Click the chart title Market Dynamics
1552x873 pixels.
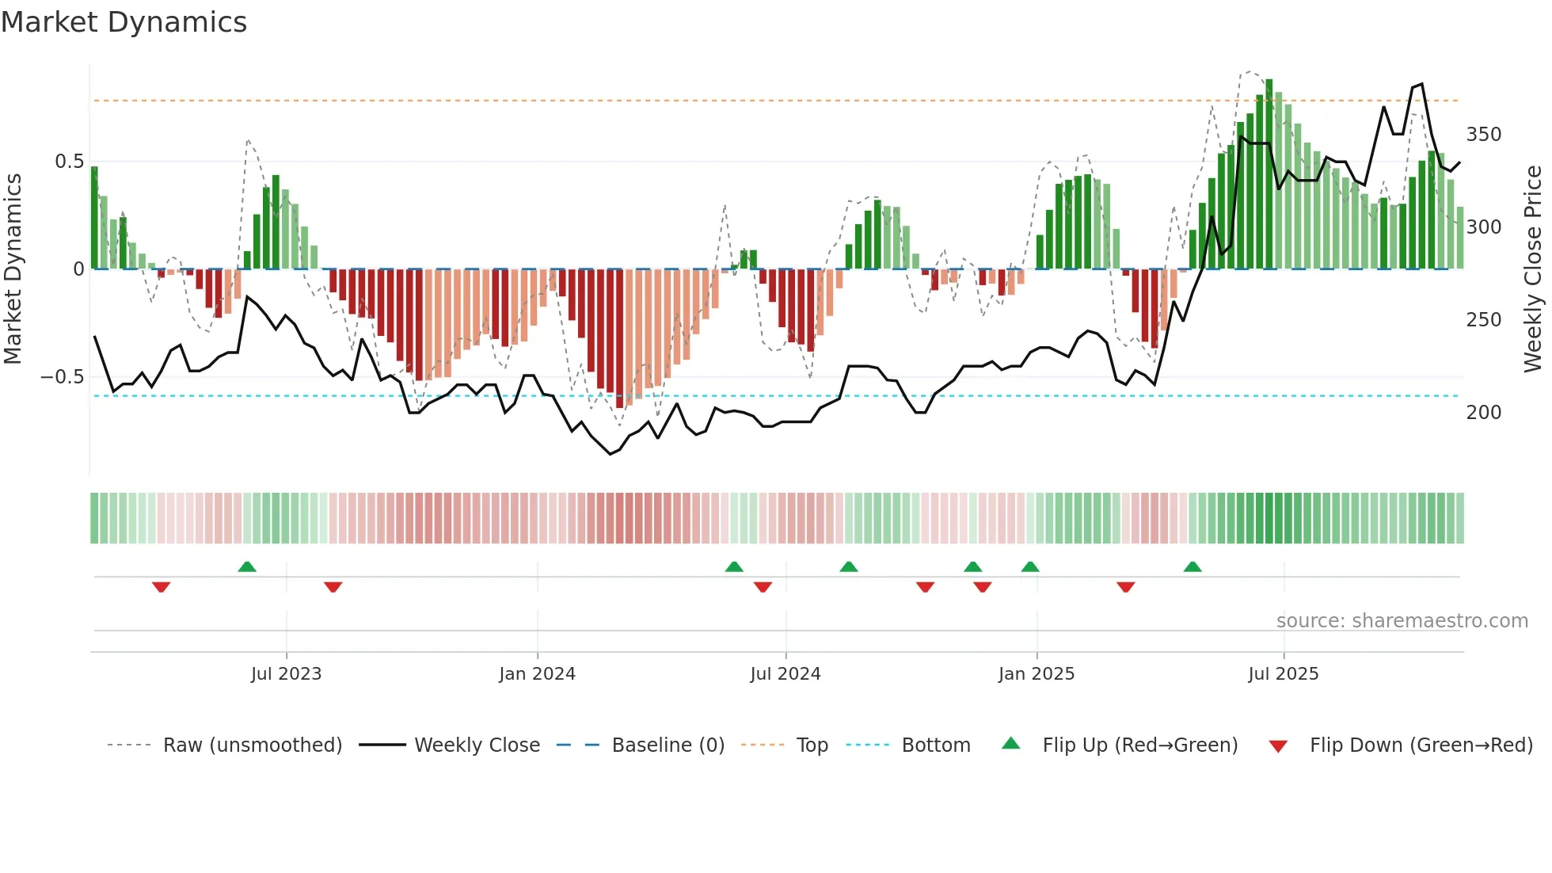tap(124, 22)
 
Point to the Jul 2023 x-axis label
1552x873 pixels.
tap(286, 674)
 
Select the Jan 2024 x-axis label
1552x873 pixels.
tap(537, 674)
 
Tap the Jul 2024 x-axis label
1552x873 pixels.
tap(785, 674)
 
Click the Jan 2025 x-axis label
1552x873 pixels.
tap(1036, 674)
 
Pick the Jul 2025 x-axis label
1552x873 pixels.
tap(1283, 674)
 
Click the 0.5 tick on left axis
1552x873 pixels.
tap(69, 162)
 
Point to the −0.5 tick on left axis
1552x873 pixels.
tap(62, 377)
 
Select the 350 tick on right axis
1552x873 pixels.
tap(1483, 135)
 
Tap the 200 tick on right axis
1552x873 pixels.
tap(1483, 413)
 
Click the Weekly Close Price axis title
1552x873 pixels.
tap(1533, 269)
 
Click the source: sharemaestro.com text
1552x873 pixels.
tap(1402, 621)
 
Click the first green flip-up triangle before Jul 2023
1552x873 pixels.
tap(247, 566)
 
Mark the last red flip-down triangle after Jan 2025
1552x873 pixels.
tap(1125, 587)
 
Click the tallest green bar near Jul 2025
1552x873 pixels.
tap(1269, 174)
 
